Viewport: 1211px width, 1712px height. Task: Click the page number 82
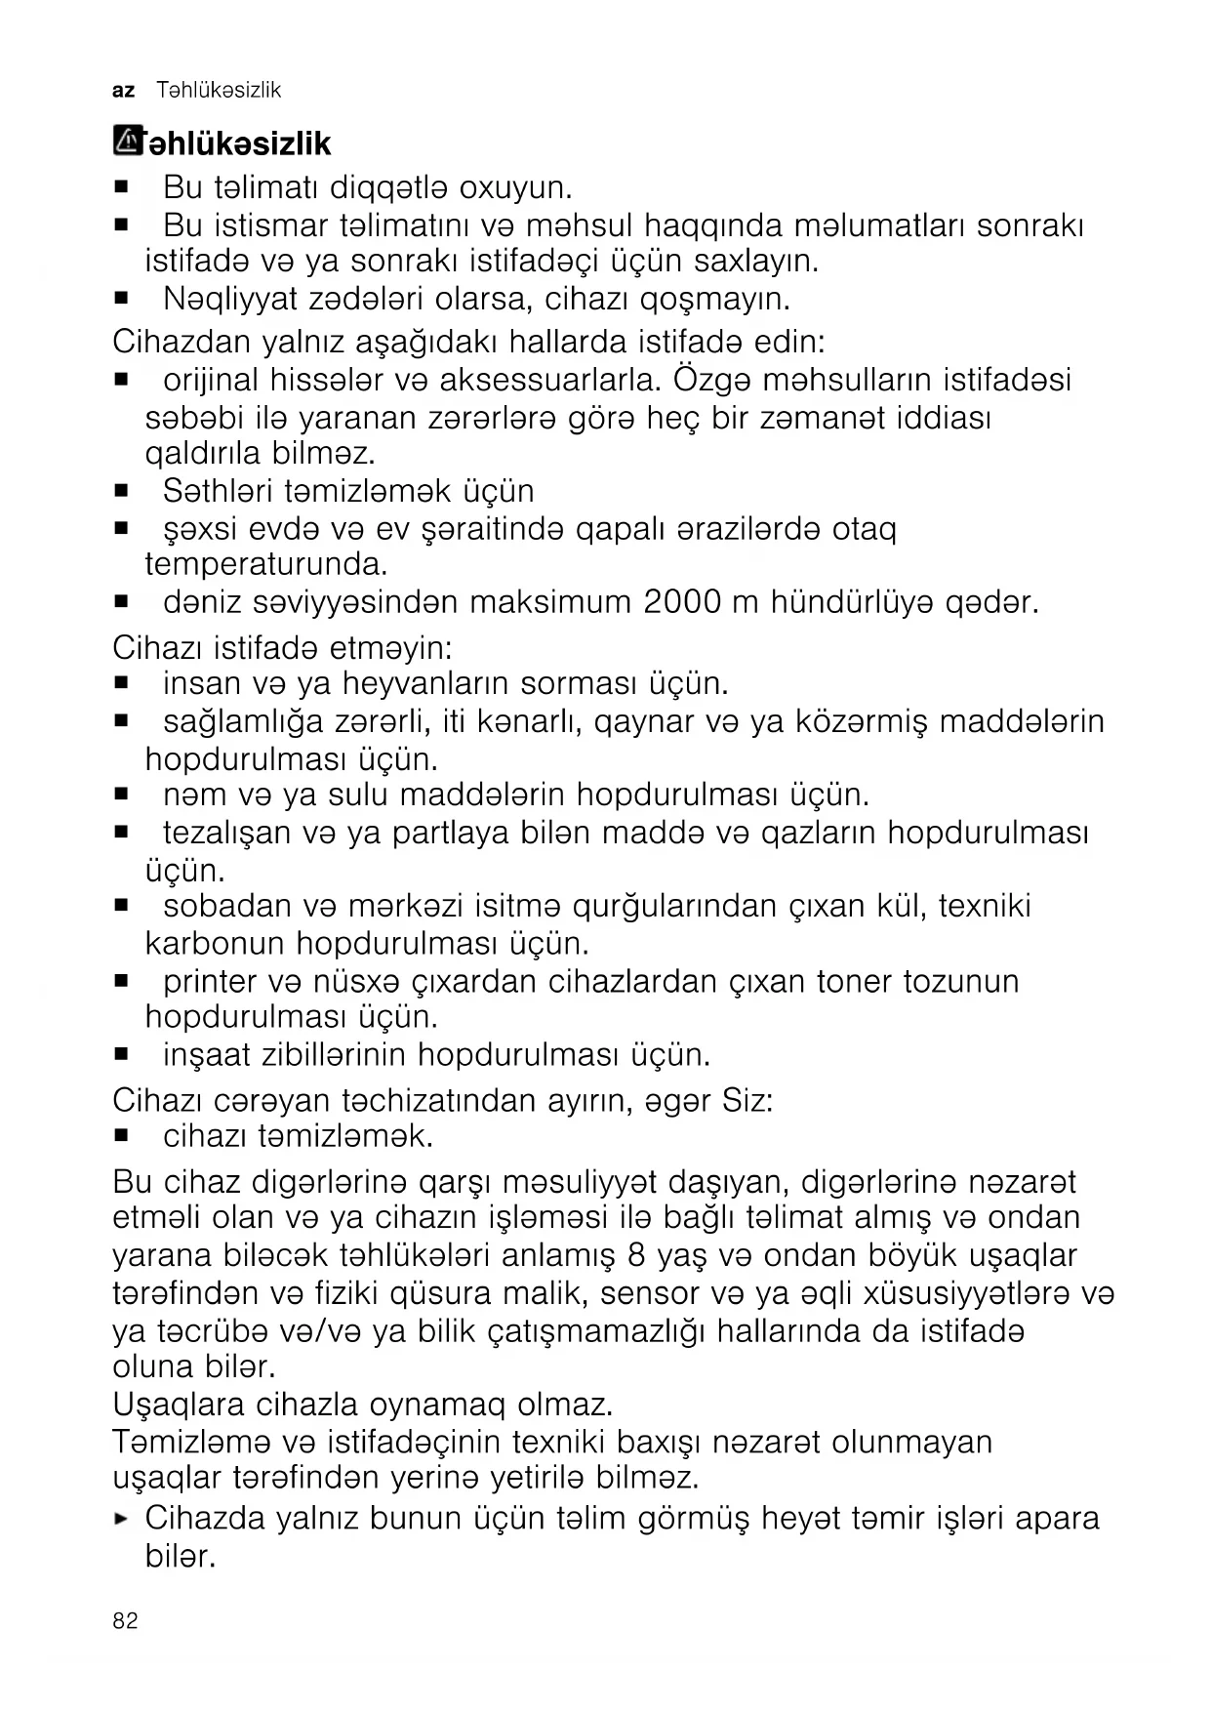tap(125, 1621)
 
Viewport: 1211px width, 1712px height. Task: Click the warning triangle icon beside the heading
tap(128, 142)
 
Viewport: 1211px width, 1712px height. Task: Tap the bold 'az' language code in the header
tap(124, 91)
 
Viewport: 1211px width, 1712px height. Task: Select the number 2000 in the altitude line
tap(682, 602)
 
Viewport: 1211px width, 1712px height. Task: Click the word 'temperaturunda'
tap(263, 565)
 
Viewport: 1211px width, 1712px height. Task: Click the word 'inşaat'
tap(206, 1055)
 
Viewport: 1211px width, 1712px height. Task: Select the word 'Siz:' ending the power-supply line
tap(747, 1100)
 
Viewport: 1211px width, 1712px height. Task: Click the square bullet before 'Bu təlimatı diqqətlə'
tap(122, 185)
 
